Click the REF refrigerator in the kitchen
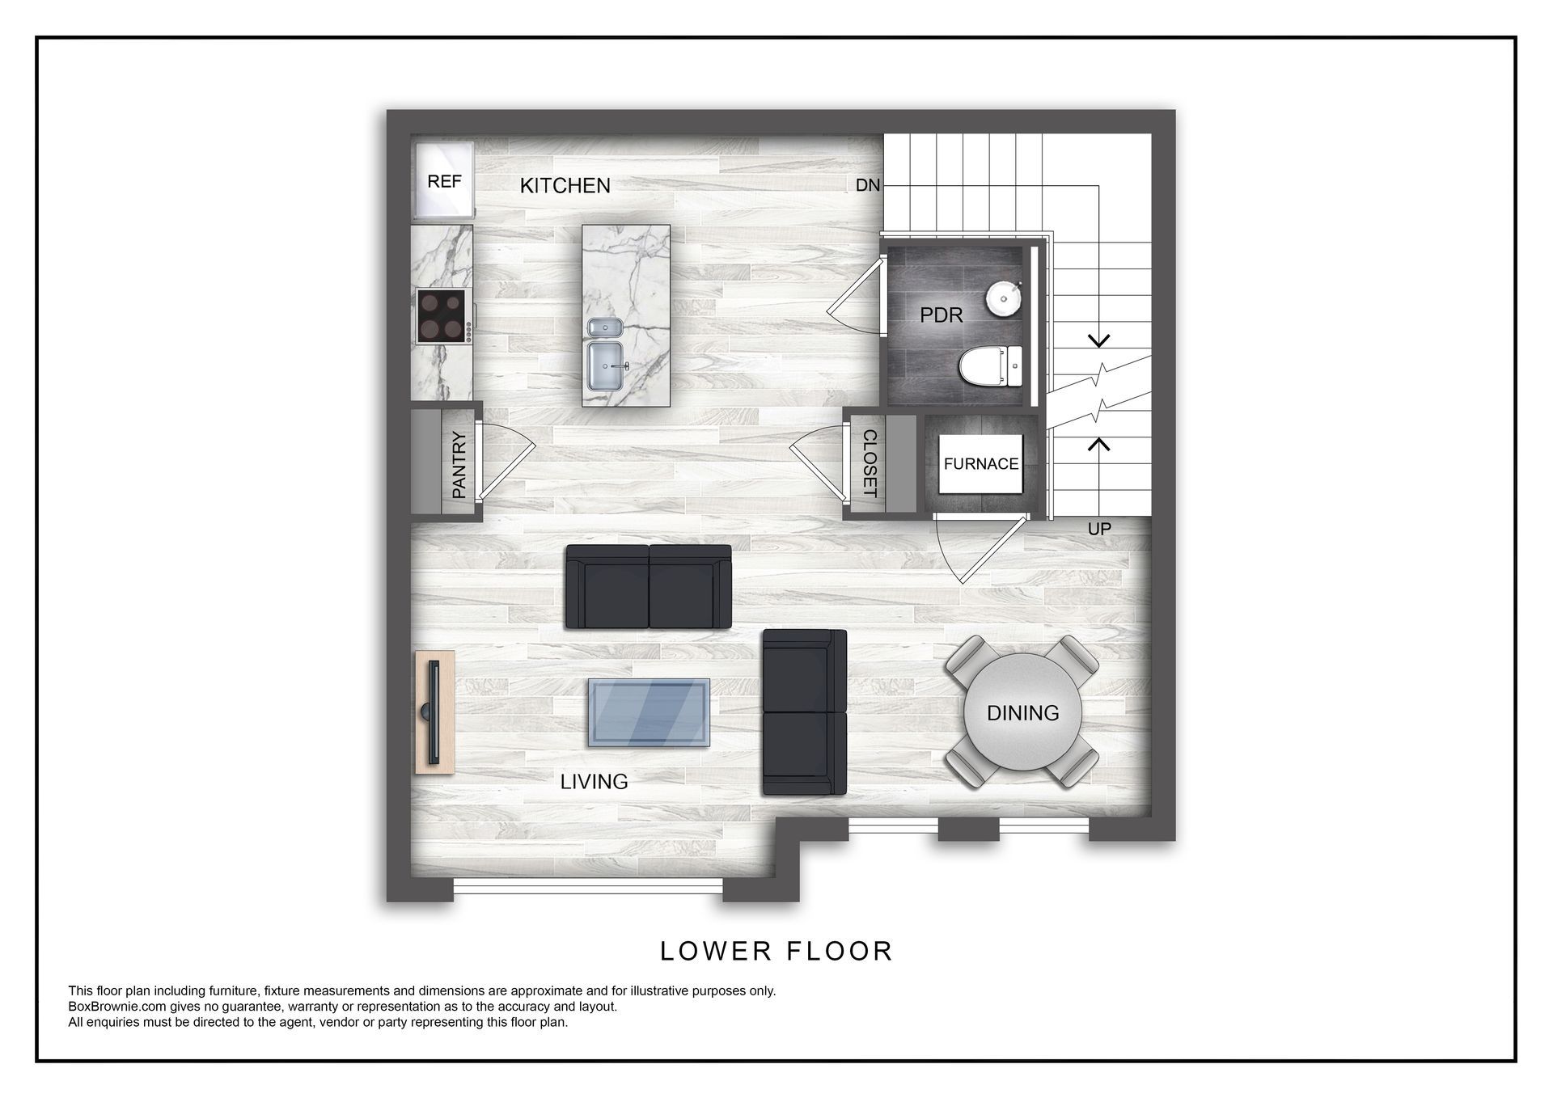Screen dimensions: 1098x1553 tap(443, 181)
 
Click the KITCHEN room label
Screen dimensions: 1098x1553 tap(565, 186)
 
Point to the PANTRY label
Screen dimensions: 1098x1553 tap(459, 465)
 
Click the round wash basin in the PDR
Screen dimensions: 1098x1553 tap(1003, 298)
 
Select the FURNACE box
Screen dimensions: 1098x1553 tap(980, 463)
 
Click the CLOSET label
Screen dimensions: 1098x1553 tap(870, 463)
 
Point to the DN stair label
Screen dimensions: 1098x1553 tap(867, 185)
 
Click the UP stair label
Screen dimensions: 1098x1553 tap(1098, 529)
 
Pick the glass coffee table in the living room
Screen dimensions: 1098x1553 tap(649, 712)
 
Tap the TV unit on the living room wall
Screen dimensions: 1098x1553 tap(434, 712)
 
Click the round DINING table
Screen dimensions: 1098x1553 tap(1022, 712)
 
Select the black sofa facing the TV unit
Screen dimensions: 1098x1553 tap(649, 587)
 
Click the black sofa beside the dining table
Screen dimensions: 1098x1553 tap(804, 712)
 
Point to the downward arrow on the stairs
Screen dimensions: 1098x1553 tap(1098, 340)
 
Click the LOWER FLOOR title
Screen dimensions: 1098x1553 tap(776, 951)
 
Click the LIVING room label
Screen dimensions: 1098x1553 tap(594, 782)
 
